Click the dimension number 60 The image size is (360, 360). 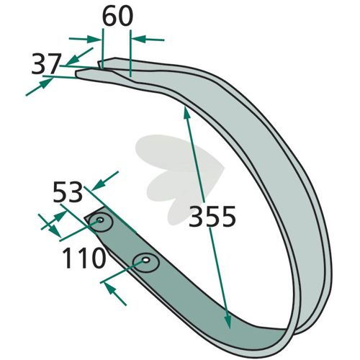pyautogui.click(x=117, y=16)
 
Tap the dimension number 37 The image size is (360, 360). pyautogui.click(x=45, y=64)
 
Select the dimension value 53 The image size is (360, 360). pyautogui.click(x=68, y=192)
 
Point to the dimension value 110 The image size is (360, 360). pyautogui.click(x=84, y=258)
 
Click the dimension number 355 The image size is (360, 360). pyautogui.click(x=212, y=217)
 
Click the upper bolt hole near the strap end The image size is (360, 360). pyautogui.click(x=100, y=220)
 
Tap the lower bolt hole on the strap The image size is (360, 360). pyautogui.click(x=145, y=260)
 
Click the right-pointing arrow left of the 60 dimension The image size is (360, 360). pyautogui.click(x=84, y=39)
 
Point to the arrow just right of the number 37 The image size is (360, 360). pyautogui.click(x=80, y=56)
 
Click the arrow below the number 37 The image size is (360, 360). pyautogui.click(x=39, y=87)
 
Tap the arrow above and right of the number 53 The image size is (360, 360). pyautogui.click(x=105, y=181)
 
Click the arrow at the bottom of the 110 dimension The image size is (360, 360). pyautogui.click(x=115, y=294)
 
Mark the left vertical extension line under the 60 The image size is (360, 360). pyautogui.click(x=102, y=48)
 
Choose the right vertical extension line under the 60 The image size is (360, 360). pyautogui.click(x=130, y=53)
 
